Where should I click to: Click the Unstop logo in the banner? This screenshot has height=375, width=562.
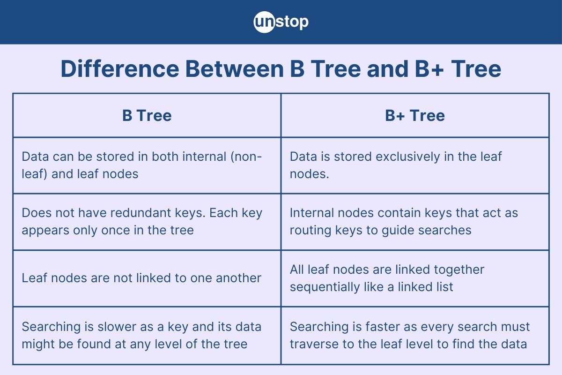click(x=281, y=22)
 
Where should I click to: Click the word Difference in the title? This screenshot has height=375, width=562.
click(x=119, y=69)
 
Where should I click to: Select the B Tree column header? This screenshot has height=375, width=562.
click(x=147, y=115)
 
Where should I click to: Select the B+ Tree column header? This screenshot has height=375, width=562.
click(x=415, y=115)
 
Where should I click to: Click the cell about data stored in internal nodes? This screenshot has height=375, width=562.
click(x=147, y=165)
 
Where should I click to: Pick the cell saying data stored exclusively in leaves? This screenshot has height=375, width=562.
click(x=415, y=165)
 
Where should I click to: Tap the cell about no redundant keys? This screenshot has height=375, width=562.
click(x=147, y=221)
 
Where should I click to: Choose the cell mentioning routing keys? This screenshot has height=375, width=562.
click(x=415, y=221)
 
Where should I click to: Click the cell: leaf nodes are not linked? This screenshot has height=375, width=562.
click(x=147, y=278)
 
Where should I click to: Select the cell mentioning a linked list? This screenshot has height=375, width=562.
click(x=415, y=278)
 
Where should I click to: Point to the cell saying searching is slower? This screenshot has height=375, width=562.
click(x=147, y=335)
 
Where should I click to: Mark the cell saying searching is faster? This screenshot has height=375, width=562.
click(x=415, y=335)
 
